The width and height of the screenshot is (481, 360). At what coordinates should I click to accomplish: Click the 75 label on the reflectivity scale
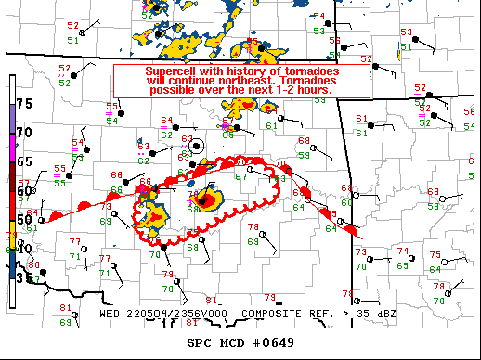tap(25, 103)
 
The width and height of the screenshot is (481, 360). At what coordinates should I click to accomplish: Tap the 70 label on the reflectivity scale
tap(25, 133)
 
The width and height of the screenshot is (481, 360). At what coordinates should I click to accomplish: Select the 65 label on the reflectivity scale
tap(25, 161)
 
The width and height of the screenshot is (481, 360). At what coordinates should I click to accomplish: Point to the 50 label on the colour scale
tap(25, 220)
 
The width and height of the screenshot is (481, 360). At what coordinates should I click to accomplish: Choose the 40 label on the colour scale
tap(25, 249)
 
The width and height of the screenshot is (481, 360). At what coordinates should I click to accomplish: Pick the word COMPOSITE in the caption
tap(272, 313)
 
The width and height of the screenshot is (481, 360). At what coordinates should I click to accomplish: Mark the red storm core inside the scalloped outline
tap(210, 199)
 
